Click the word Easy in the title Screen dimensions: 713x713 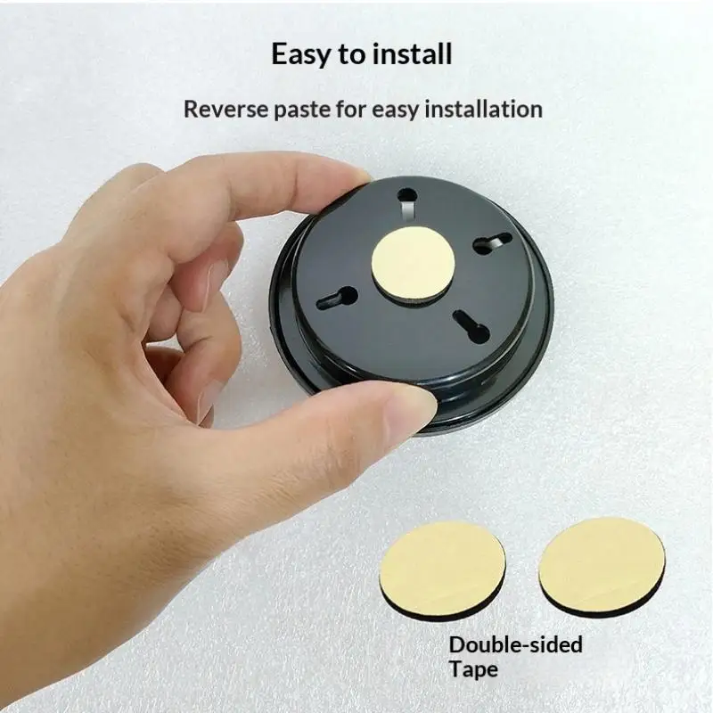[x=301, y=55]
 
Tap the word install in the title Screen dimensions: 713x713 [x=412, y=53]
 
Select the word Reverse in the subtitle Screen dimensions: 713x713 [x=225, y=110]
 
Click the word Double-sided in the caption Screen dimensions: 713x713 [x=516, y=644]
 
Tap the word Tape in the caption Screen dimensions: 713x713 [x=473, y=670]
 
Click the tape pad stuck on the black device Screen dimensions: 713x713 [x=413, y=264]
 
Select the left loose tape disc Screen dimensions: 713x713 [x=442, y=570]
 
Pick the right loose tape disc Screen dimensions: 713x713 [x=602, y=566]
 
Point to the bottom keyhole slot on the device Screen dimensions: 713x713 [x=471, y=326]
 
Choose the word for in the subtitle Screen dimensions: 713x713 [x=350, y=110]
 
